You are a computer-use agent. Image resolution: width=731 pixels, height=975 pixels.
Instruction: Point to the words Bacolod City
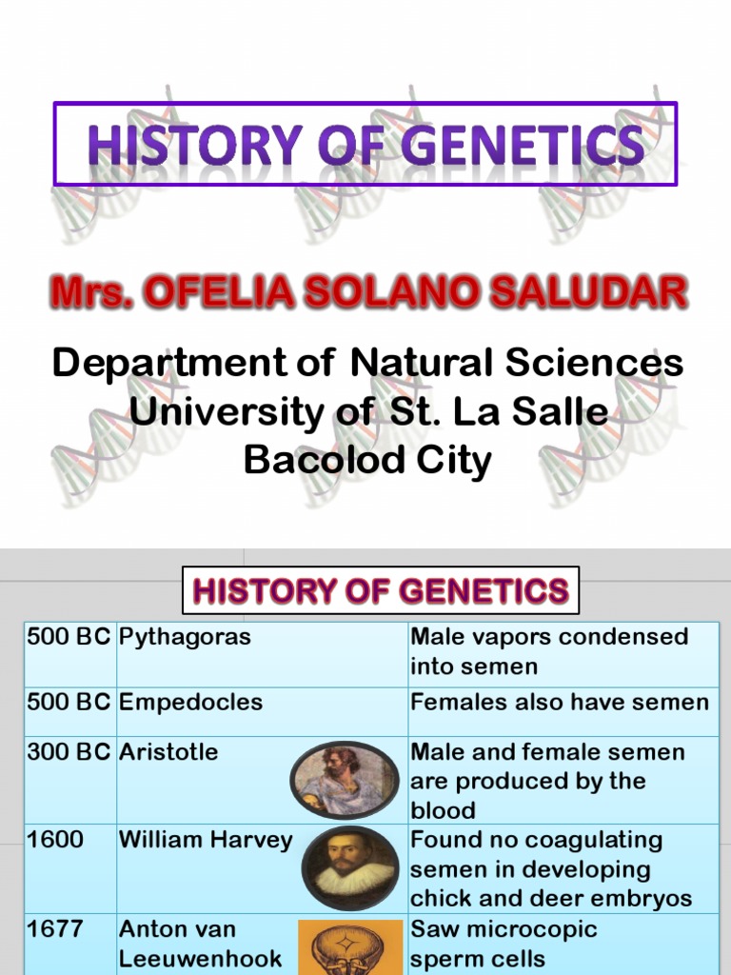point(367,461)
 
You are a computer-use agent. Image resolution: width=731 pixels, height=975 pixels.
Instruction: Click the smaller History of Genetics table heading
point(380,592)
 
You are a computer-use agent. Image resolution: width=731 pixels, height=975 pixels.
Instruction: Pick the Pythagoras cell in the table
point(185,637)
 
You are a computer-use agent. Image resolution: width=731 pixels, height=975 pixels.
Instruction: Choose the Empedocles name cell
point(190,703)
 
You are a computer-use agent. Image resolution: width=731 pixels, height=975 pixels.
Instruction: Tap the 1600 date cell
point(55,840)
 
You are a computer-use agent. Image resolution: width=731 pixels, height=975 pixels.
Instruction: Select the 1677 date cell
point(55,928)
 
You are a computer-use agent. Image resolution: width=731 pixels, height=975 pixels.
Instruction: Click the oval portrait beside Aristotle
point(344,780)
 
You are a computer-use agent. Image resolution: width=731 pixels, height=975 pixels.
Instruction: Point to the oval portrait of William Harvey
point(350,866)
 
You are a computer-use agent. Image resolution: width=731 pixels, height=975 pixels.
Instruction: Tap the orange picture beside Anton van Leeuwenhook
point(345,946)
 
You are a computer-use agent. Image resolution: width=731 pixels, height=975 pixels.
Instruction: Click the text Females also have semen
point(560,703)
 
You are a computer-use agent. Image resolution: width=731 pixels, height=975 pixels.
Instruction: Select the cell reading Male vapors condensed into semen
point(549,651)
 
